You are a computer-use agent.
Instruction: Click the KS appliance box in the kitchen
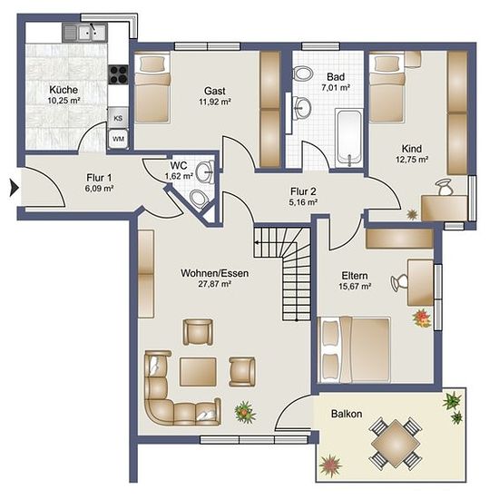pyautogui.click(x=118, y=118)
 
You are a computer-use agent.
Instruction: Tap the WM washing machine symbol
pyautogui.click(x=118, y=139)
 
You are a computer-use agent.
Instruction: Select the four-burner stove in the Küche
pyautogui.click(x=118, y=74)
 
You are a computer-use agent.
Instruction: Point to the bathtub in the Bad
pyautogui.click(x=349, y=138)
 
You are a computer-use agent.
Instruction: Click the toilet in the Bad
pyautogui.click(x=302, y=74)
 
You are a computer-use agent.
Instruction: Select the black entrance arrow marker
pyautogui.click(x=15, y=188)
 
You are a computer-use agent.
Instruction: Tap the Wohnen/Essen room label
pyautogui.click(x=215, y=273)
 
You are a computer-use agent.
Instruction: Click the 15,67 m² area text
pyautogui.click(x=355, y=286)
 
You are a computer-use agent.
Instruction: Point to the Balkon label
pyautogui.click(x=347, y=414)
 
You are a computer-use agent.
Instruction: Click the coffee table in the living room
pyautogui.click(x=198, y=372)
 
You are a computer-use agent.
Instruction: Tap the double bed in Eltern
pyautogui.click(x=354, y=349)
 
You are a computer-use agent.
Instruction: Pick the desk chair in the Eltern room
pyautogui.click(x=399, y=282)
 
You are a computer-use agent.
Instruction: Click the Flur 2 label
pyautogui.click(x=303, y=191)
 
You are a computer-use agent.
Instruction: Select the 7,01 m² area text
pyautogui.click(x=336, y=87)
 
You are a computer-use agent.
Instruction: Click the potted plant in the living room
pyautogui.click(x=245, y=413)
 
